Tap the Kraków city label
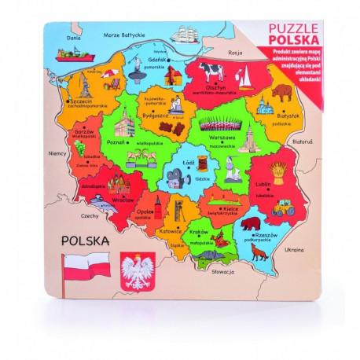[199, 233]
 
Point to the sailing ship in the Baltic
[186, 36]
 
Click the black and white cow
[211, 70]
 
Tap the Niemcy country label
[57, 155]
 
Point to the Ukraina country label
[293, 249]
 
